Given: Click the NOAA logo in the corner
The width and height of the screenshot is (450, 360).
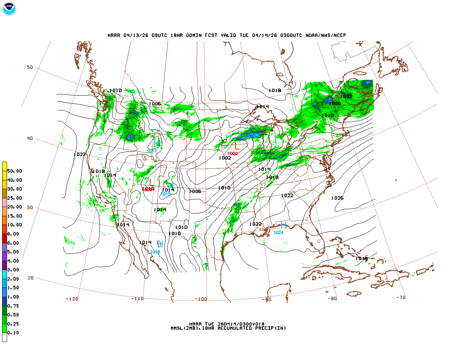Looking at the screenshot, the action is pos(9,9).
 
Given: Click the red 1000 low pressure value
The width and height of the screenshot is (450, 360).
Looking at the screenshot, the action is pos(232,154).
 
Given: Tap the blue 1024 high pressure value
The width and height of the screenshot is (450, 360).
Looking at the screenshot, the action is pos(278,232).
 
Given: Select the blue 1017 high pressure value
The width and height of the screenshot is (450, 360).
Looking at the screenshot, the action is pos(152,151).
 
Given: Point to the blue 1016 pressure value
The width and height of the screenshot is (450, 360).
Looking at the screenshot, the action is pos(155,252).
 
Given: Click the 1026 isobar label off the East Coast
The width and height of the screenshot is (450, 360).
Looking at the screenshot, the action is pos(337,198).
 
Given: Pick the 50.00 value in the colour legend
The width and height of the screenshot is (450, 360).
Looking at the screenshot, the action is pos(14,171).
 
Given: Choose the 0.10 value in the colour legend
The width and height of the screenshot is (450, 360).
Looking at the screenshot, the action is pos(13,333).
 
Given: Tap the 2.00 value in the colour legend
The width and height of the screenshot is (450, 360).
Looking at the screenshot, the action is pos(13,279).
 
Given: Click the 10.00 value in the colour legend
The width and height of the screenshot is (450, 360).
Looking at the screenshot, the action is pos(14,225).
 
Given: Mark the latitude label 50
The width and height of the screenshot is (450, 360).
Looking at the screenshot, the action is pos(30,67).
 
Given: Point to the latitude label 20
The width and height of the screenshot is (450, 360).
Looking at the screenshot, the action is pos(31,278).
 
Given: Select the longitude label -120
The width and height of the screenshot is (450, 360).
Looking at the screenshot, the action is pos(72,299).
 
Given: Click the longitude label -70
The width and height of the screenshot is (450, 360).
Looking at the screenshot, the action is pos(401,297).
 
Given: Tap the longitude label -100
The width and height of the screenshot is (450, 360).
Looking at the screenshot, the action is pos(201,299).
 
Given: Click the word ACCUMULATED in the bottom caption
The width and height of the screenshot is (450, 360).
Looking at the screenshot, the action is pos(235,328).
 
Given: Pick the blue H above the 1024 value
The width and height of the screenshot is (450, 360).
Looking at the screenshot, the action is pos(283,225).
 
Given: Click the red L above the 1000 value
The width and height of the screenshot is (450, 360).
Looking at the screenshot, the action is pos(237,146).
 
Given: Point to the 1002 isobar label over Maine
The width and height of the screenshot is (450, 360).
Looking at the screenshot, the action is pos(346,97).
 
